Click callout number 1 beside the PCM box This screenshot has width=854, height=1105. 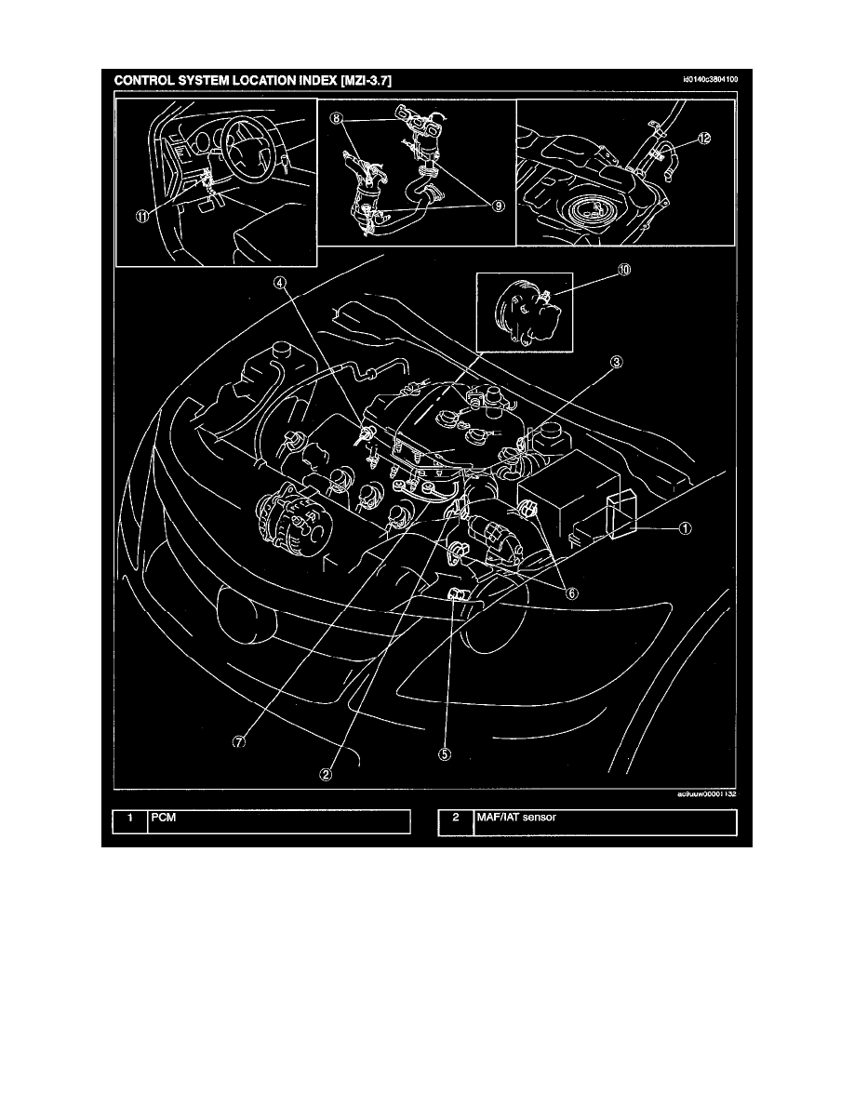pos(684,528)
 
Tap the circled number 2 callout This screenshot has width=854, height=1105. pos(327,771)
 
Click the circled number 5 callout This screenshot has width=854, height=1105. pos(445,755)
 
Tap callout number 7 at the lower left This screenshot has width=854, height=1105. pos(238,741)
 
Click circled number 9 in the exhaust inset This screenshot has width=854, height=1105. pos(500,206)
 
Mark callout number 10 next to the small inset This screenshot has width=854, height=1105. pos(597,271)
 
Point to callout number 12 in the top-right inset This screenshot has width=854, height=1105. pos(703,139)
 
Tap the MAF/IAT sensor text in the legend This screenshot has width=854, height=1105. pos(513,819)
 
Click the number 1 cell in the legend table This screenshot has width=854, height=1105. pos(130,819)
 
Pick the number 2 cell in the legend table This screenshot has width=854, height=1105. pos(456,819)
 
